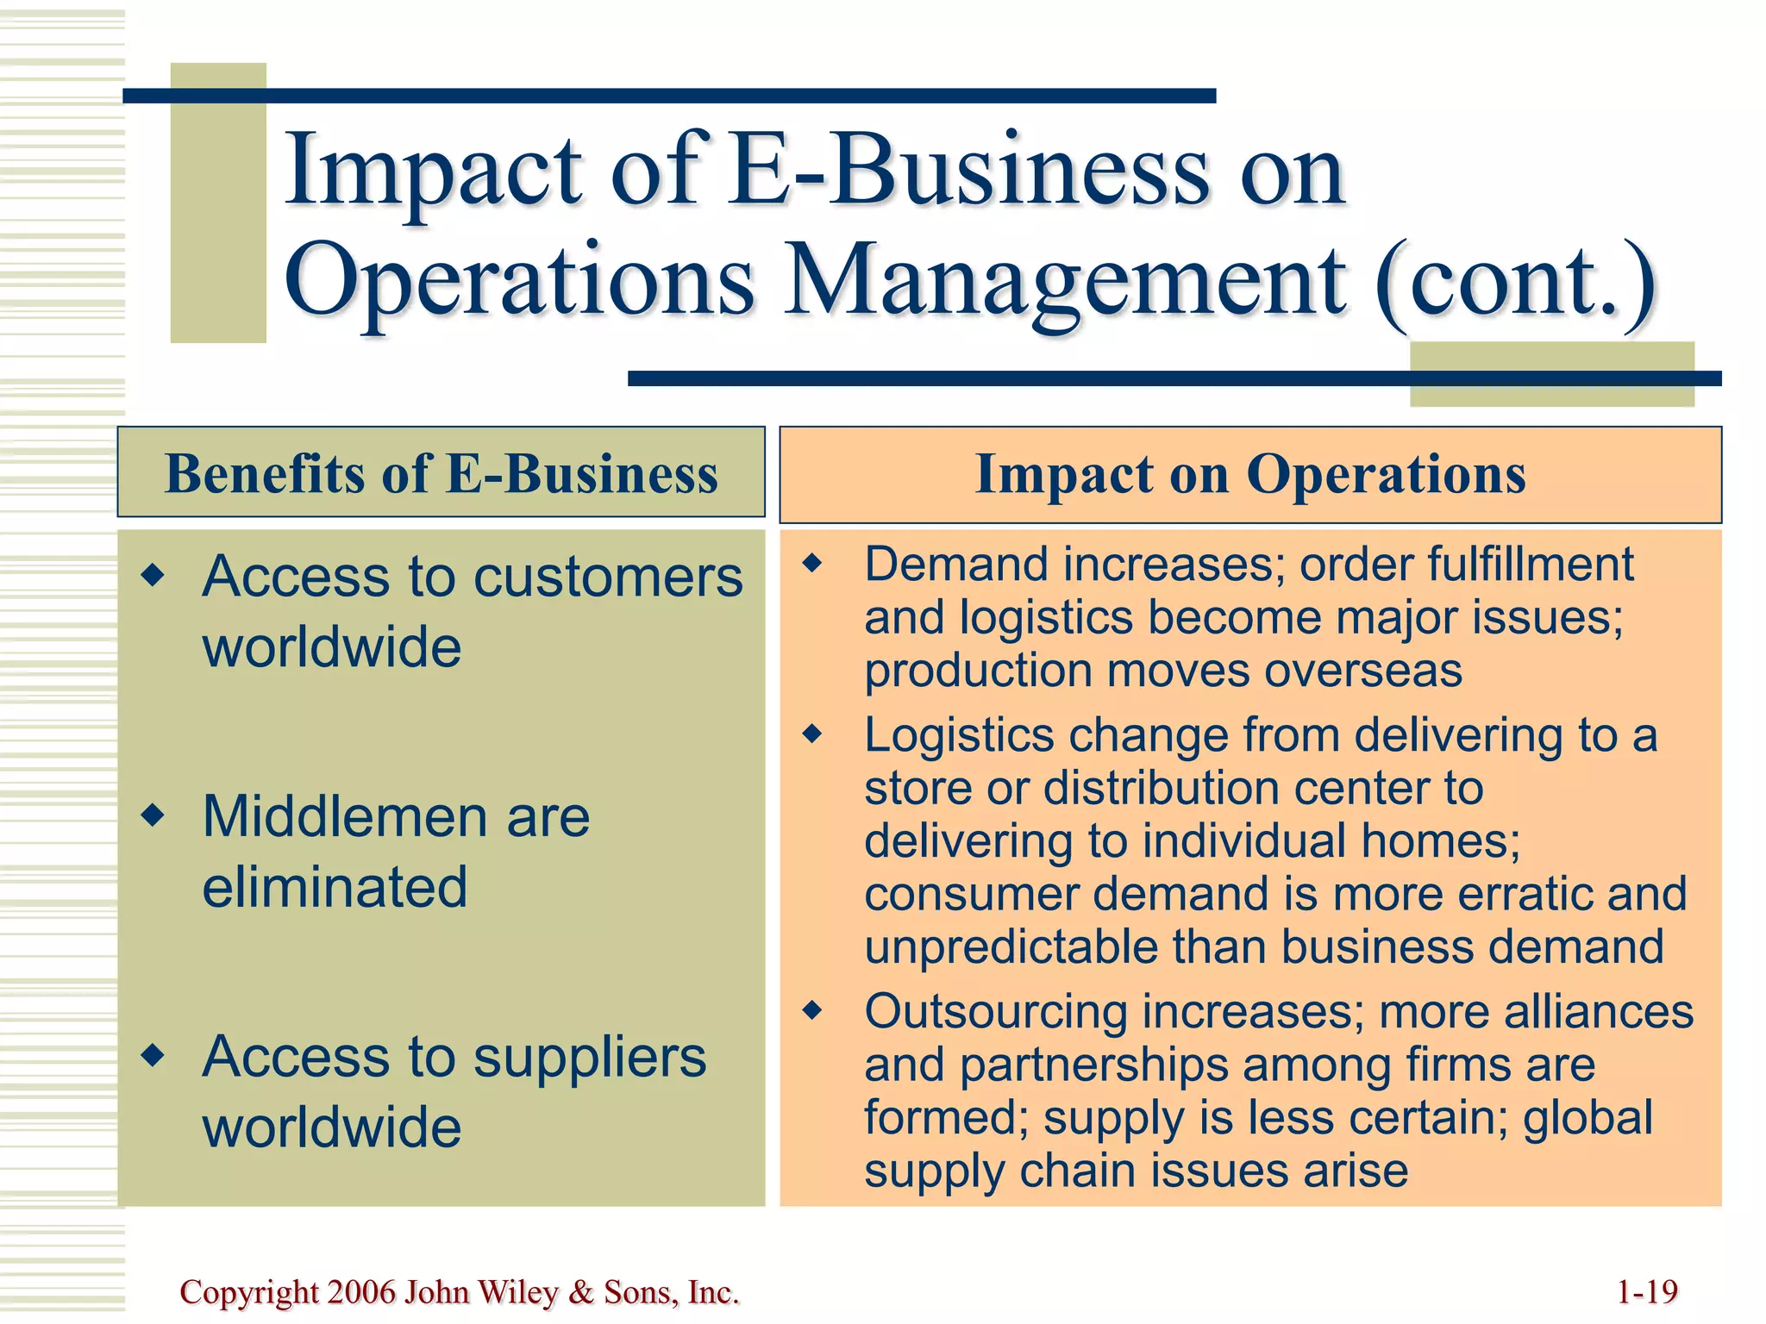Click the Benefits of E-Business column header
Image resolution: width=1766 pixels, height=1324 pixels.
click(x=441, y=474)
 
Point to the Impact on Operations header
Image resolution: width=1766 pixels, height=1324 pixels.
click(x=1249, y=474)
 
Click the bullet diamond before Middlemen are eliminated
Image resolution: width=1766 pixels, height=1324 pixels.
click(x=153, y=815)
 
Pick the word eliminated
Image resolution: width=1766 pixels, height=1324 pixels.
click(x=335, y=887)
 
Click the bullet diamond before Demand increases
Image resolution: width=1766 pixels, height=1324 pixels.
click(x=812, y=564)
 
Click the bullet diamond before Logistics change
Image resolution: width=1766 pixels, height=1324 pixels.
click(x=812, y=734)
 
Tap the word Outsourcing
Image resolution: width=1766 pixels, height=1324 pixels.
click(x=996, y=1012)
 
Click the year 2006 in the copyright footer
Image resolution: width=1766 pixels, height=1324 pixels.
click(x=361, y=1292)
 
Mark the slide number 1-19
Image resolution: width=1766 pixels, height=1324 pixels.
click(x=1647, y=1292)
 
